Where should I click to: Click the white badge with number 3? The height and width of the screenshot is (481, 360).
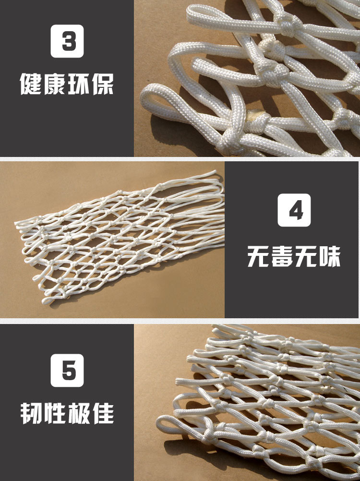(x=67, y=41)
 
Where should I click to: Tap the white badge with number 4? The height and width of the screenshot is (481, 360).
(x=294, y=210)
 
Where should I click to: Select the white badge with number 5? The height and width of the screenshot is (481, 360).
(x=67, y=370)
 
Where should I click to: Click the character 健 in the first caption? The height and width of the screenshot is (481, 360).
(x=31, y=84)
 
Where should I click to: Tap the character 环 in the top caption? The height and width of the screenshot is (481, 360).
(x=79, y=84)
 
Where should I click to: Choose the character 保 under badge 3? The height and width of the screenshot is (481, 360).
(x=103, y=84)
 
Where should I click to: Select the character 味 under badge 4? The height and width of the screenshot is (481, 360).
(x=330, y=256)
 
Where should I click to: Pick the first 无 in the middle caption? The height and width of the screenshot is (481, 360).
(x=258, y=256)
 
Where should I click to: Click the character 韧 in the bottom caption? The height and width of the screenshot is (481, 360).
(x=31, y=413)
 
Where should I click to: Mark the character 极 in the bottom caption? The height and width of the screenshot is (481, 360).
(x=79, y=413)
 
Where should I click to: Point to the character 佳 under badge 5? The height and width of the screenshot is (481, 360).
(x=103, y=413)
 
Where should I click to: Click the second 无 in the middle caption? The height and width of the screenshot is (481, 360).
(x=306, y=256)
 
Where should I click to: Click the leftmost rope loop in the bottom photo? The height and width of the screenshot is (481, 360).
(x=166, y=423)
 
